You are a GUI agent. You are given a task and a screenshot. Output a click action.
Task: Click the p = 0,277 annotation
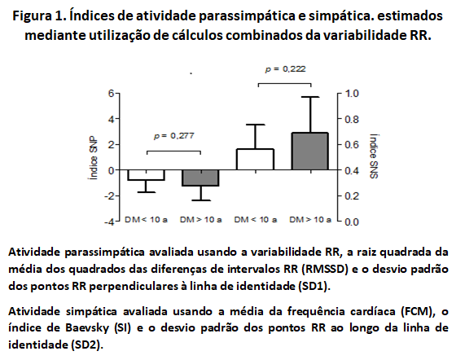[174, 136]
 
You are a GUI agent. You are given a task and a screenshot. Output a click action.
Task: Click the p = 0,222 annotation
[285, 69]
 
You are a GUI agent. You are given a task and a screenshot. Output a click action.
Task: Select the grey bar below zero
[200, 178]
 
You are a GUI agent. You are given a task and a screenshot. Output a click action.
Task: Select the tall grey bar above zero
[310, 151]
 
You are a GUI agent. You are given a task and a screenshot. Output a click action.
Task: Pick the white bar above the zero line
[256, 159]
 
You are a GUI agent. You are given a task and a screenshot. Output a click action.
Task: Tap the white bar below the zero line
[146, 175]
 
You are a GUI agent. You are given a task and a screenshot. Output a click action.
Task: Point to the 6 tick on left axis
[111, 94]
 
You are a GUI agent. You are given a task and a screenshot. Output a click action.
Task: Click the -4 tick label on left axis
[109, 222]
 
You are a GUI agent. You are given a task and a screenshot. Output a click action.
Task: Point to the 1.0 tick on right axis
[352, 94]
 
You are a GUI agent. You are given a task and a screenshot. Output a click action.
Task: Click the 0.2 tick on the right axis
[352, 196]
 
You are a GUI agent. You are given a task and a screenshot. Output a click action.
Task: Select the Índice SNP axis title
[93, 158]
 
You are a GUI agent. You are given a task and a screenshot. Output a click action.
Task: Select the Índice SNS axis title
[374, 156]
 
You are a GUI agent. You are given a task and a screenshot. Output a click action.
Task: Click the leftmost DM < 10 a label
[146, 220]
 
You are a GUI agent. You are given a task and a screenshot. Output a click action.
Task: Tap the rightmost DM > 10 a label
[310, 220]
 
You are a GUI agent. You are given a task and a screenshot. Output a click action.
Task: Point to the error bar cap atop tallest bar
[310, 97]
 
